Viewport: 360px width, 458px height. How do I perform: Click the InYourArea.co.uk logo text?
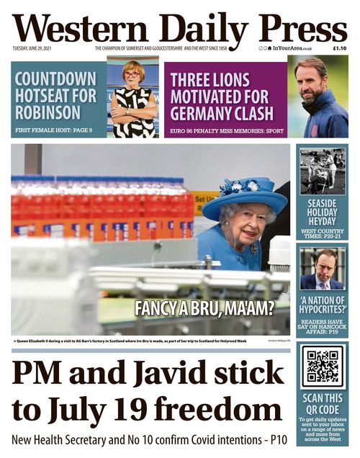click(292, 49)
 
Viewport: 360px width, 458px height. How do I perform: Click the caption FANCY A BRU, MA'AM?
click(204, 308)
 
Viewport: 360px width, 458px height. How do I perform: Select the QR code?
click(322, 365)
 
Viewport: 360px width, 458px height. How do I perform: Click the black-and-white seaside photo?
click(322, 171)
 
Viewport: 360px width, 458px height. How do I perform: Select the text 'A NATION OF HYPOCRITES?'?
click(322, 304)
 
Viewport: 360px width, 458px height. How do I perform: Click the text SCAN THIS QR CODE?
click(322, 400)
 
